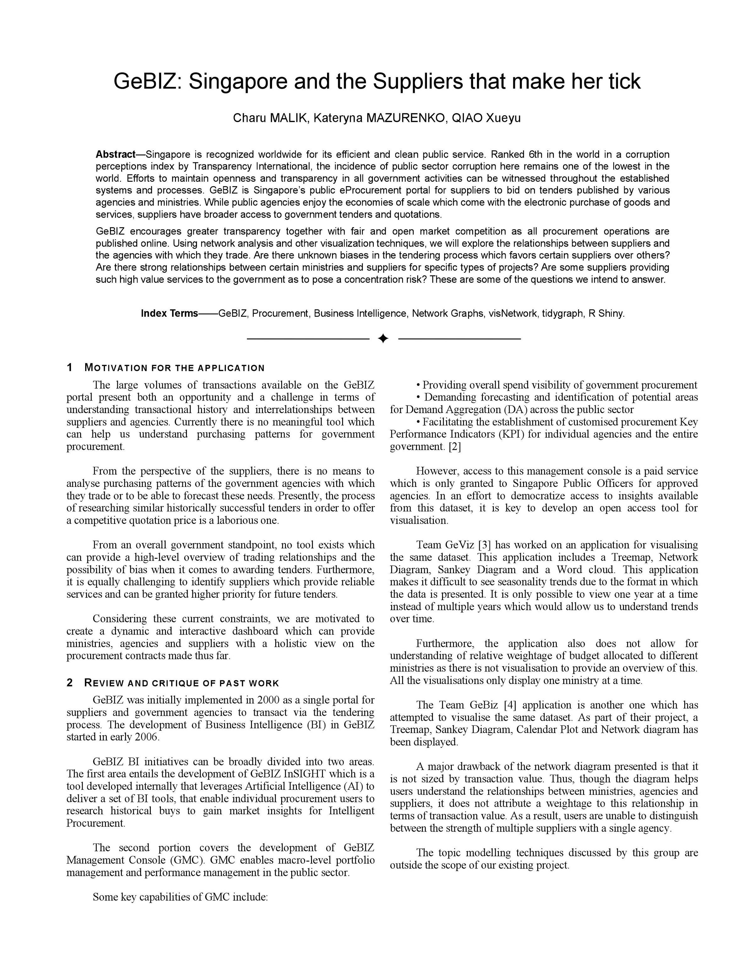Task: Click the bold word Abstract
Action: click(115, 154)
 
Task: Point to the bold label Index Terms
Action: click(169, 313)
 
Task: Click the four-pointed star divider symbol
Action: click(383, 339)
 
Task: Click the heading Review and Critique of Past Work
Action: click(181, 683)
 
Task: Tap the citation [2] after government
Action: click(454, 446)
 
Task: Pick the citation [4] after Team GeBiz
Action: click(510, 705)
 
